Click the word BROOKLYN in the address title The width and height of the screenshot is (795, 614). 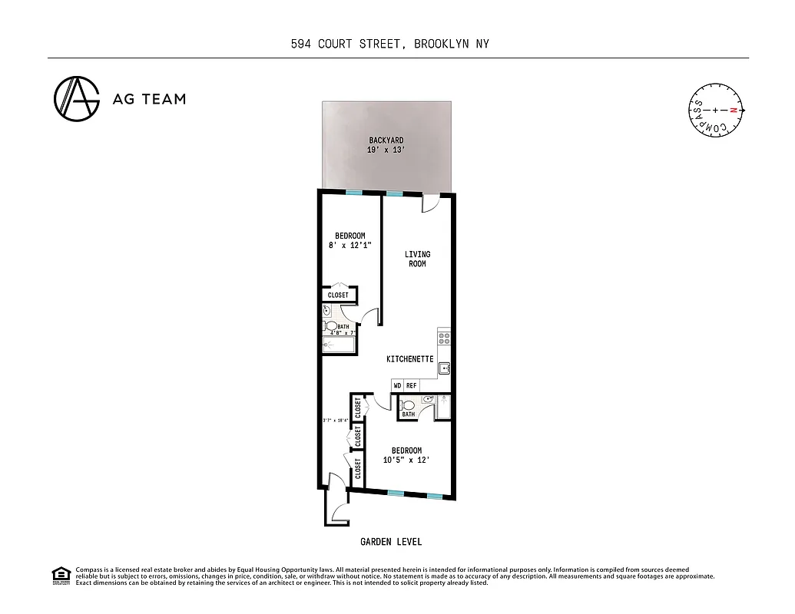pyautogui.click(x=440, y=44)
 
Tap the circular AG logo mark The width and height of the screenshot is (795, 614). pyautogui.click(x=76, y=98)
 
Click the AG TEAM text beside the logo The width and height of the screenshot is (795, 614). pyautogui.click(x=149, y=98)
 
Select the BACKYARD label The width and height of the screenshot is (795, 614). pyautogui.click(x=386, y=140)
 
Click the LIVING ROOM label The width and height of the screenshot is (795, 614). pyautogui.click(x=417, y=259)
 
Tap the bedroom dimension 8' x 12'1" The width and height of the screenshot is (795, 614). pyautogui.click(x=349, y=246)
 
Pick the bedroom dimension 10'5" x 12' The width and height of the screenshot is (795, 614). pyautogui.click(x=406, y=460)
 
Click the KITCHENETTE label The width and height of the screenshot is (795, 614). pyautogui.click(x=409, y=359)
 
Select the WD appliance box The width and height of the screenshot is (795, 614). pyautogui.click(x=397, y=385)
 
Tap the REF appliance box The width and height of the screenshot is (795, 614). pyautogui.click(x=411, y=385)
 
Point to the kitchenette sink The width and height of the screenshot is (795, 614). pyautogui.click(x=444, y=369)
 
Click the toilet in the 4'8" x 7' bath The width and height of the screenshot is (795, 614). pyautogui.click(x=333, y=326)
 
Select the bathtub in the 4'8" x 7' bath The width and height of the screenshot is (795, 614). pyautogui.click(x=339, y=344)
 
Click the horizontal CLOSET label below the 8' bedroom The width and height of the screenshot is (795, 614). pyautogui.click(x=338, y=295)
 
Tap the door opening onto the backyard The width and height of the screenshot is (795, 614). pyautogui.click(x=430, y=203)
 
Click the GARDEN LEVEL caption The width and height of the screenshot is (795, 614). pyautogui.click(x=391, y=542)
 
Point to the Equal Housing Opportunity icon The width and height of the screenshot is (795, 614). pyautogui.click(x=60, y=574)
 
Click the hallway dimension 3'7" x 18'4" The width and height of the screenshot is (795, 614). pyautogui.click(x=336, y=421)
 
